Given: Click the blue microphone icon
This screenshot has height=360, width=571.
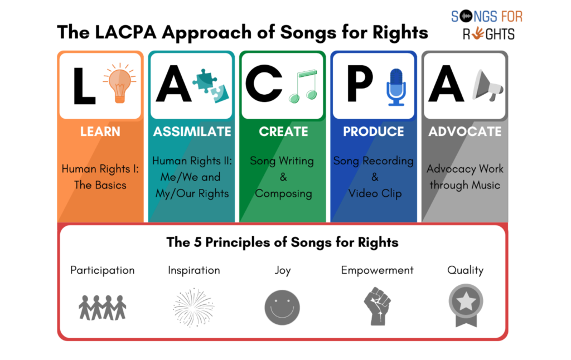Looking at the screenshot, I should click(396, 86).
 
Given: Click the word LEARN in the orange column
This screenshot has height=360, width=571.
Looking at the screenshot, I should click(100, 132).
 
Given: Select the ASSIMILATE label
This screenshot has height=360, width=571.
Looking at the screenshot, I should click(192, 132).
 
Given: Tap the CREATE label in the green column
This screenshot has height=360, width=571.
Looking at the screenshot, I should click(283, 132).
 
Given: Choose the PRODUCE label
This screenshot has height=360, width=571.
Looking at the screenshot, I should click(374, 132).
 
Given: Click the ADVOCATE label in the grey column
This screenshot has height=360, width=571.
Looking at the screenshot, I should click(465, 132).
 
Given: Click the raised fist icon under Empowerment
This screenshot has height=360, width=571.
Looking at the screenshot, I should click(378, 307).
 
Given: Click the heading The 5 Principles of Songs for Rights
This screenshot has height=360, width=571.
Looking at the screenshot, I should click(282, 242).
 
